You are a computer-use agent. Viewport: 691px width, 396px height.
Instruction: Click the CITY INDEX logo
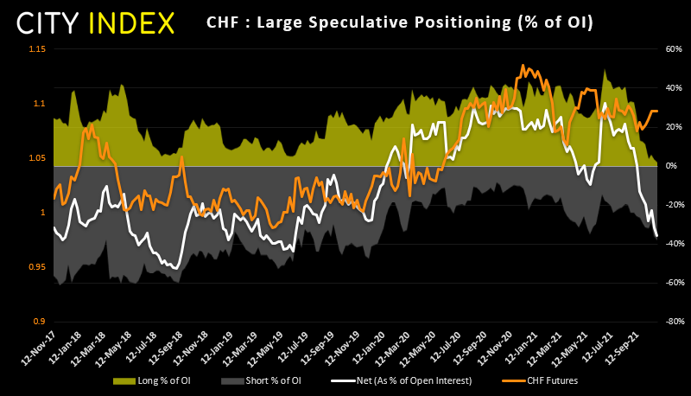(98, 22)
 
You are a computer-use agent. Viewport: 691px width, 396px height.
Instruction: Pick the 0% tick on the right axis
(672, 165)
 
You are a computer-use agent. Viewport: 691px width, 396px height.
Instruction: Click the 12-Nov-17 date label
(39, 346)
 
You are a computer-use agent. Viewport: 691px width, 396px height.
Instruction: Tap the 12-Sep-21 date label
(624, 346)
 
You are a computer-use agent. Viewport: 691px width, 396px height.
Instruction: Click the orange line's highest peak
(523, 66)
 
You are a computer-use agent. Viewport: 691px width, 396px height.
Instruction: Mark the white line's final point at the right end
(657, 236)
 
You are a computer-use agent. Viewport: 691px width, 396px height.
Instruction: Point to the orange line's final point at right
(657, 111)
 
